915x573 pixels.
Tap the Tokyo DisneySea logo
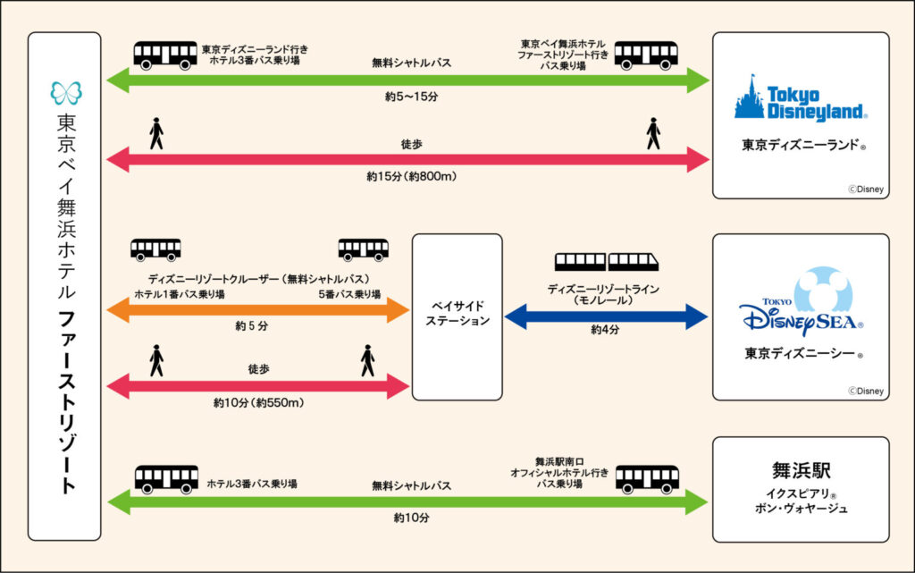pyautogui.click(x=800, y=304)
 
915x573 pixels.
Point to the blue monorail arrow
pyautogui.click(x=607, y=316)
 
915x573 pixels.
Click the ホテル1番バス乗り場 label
pyautogui.click(x=180, y=294)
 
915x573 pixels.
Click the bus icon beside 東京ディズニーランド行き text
pyautogui.click(x=165, y=55)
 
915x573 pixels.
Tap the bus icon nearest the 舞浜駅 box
pyautogui.click(x=647, y=477)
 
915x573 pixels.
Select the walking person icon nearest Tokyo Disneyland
pyautogui.click(x=653, y=134)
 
